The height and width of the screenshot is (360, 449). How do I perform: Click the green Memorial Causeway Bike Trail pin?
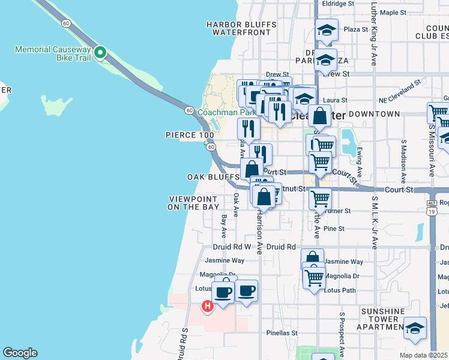tap(101, 53)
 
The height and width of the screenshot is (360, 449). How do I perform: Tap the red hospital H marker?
tap(208, 307)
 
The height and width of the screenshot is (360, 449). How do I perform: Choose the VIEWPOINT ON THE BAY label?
tap(193, 203)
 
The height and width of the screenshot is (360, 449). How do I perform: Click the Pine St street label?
tap(334, 229)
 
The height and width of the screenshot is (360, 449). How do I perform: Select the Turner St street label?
tap(339, 211)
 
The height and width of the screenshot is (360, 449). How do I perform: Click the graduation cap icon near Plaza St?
tap(327, 30)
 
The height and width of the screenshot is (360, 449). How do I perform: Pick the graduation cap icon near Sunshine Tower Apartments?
tap(415, 328)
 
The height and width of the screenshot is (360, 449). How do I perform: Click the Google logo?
tap(20, 353)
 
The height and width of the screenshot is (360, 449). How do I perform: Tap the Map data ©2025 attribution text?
tap(424, 355)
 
